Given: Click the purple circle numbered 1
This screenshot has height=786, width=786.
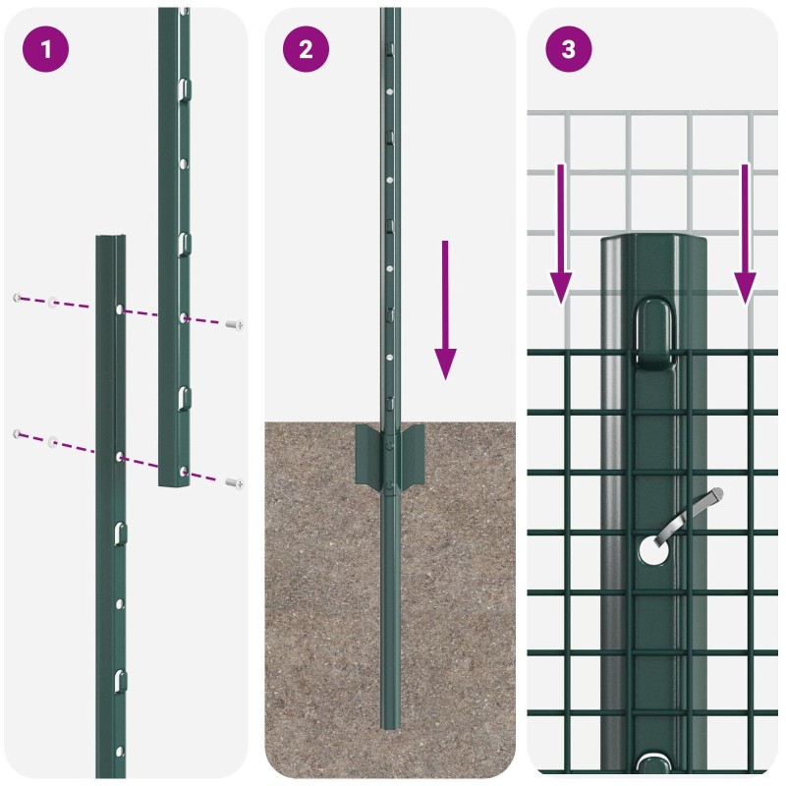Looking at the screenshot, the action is [45, 49].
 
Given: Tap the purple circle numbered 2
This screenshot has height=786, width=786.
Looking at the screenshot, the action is [306, 49].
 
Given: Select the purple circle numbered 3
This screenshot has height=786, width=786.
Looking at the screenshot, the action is [569, 49].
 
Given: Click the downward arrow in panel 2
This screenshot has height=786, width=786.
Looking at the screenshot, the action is [445, 309].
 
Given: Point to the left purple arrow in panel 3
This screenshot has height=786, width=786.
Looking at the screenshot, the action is [561, 234].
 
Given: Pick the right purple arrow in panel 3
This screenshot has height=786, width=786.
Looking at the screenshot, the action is [745, 234].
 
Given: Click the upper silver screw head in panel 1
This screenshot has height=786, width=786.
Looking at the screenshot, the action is [235, 325].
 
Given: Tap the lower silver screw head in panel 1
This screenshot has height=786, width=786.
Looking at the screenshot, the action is [235, 483].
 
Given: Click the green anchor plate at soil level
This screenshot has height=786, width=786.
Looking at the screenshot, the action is [389, 455].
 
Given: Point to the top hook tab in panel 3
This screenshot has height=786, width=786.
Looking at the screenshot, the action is [653, 333].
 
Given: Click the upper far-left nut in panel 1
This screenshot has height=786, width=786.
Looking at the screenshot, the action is [17, 298].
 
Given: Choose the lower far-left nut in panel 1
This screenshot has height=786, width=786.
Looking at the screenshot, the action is [17, 433].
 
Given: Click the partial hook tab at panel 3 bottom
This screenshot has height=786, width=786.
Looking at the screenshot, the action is [653, 763].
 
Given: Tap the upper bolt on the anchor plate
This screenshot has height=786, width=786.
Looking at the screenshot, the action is [389, 446].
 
